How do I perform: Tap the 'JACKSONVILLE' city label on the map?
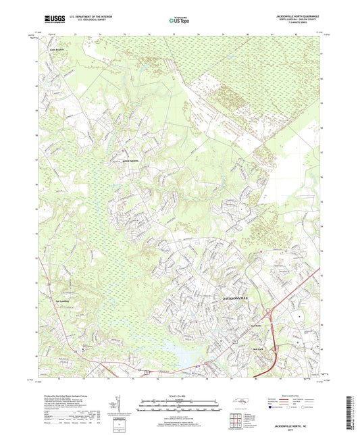tap(236, 297)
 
